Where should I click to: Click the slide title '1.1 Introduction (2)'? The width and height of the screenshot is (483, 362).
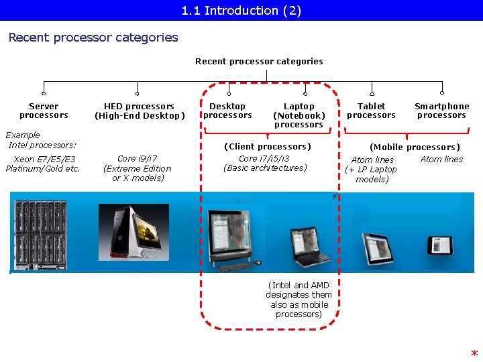point(241,11)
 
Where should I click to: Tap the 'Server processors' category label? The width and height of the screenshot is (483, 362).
point(44,111)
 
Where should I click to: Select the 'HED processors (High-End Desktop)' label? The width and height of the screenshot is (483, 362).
point(139,111)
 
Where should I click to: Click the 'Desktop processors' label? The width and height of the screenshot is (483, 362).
point(227,111)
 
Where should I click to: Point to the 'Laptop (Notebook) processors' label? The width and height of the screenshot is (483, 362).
point(299,115)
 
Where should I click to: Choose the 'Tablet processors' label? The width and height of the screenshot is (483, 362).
point(371,111)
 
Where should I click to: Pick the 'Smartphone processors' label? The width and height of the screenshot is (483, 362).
point(441,111)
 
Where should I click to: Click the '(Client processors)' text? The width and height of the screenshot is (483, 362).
point(267,146)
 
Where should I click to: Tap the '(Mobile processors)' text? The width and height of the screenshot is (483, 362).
point(415,147)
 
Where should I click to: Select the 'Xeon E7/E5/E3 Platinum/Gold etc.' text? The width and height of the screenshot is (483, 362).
point(43,164)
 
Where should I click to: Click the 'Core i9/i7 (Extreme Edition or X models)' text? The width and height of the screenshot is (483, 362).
point(137,168)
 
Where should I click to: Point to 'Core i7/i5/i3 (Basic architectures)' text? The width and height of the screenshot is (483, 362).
point(264,163)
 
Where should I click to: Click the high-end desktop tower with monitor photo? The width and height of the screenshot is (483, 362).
point(133,231)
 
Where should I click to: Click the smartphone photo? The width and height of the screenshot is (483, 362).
point(441,244)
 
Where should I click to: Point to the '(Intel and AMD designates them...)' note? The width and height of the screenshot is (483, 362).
point(299,300)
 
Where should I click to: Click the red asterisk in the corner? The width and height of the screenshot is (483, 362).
point(474,354)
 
